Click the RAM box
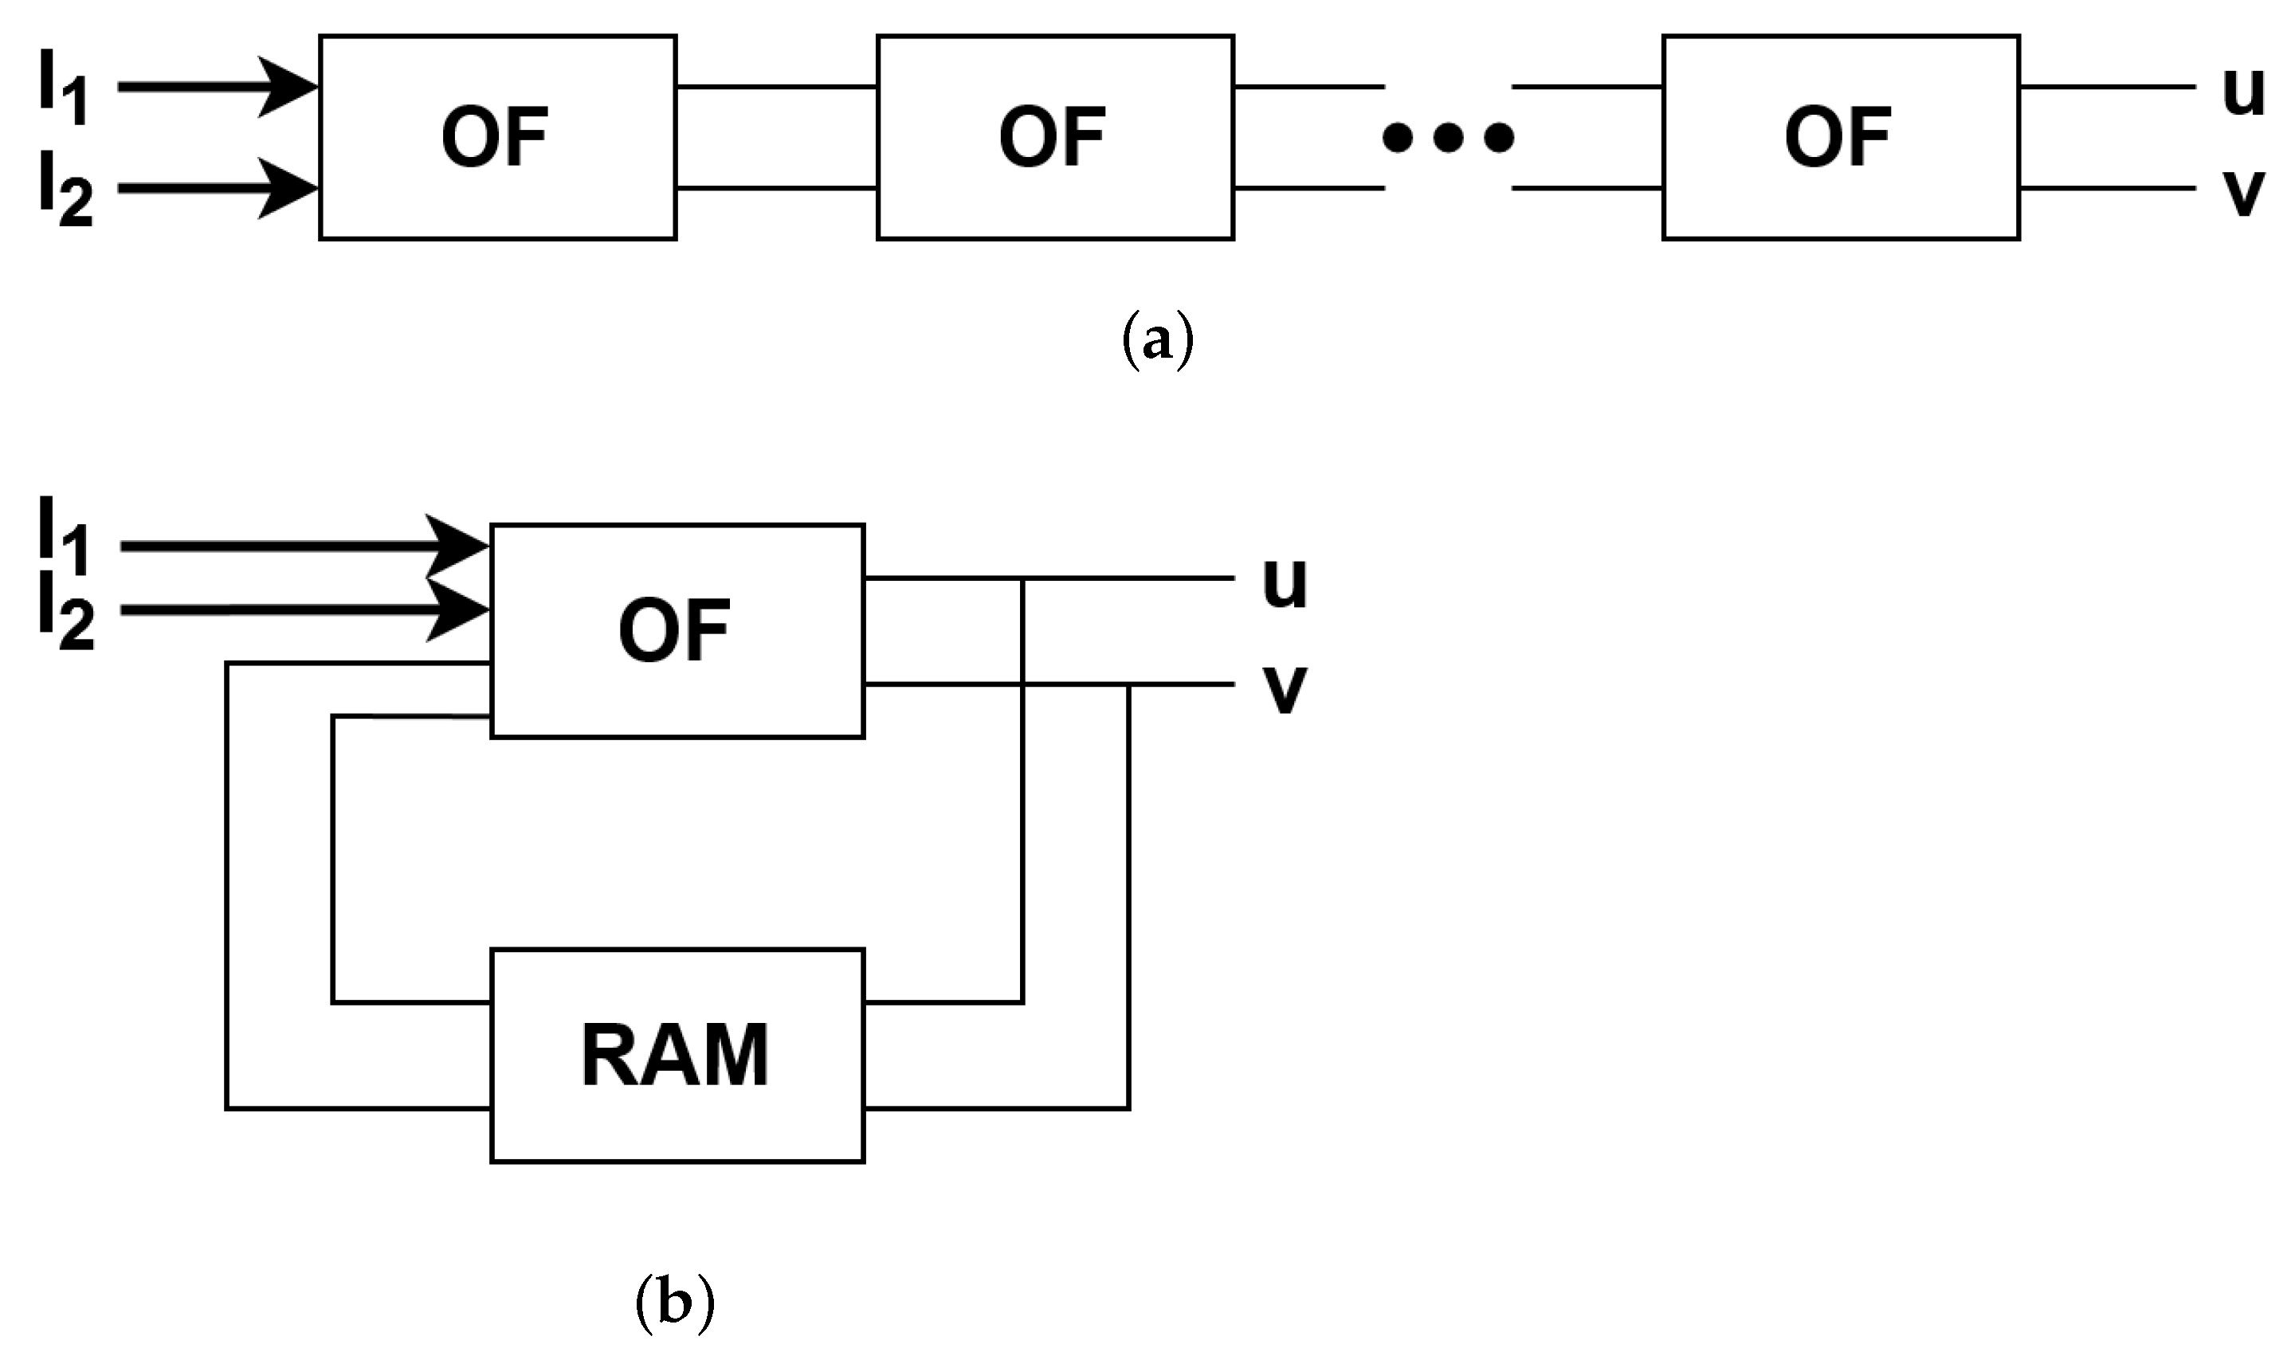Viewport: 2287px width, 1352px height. pyautogui.click(x=677, y=1056)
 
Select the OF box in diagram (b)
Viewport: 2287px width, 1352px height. pyautogui.click(x=677, y=630)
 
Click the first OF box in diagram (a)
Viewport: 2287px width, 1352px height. pyautogui.click(x=497, y=138)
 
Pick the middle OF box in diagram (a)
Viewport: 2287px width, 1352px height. pyautogui.click(x=1055, y=138)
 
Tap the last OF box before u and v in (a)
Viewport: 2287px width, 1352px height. pyautogui.click(x=1841, y=138)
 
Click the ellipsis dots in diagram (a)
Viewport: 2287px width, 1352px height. pyautogui.click(x=1448, y=139)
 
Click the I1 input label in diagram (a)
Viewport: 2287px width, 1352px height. pyautogui.click(x=63, y=88)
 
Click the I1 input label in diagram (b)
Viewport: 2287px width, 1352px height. pyautogui.click(x=63, y=538)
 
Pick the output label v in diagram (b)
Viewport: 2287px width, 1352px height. pyautogui.click(x=1285, y=689)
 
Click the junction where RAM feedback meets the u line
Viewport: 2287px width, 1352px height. pyautogui.click(x=1023, y=578)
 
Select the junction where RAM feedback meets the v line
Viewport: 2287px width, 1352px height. pyautogui.click(x=1129, y=684)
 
